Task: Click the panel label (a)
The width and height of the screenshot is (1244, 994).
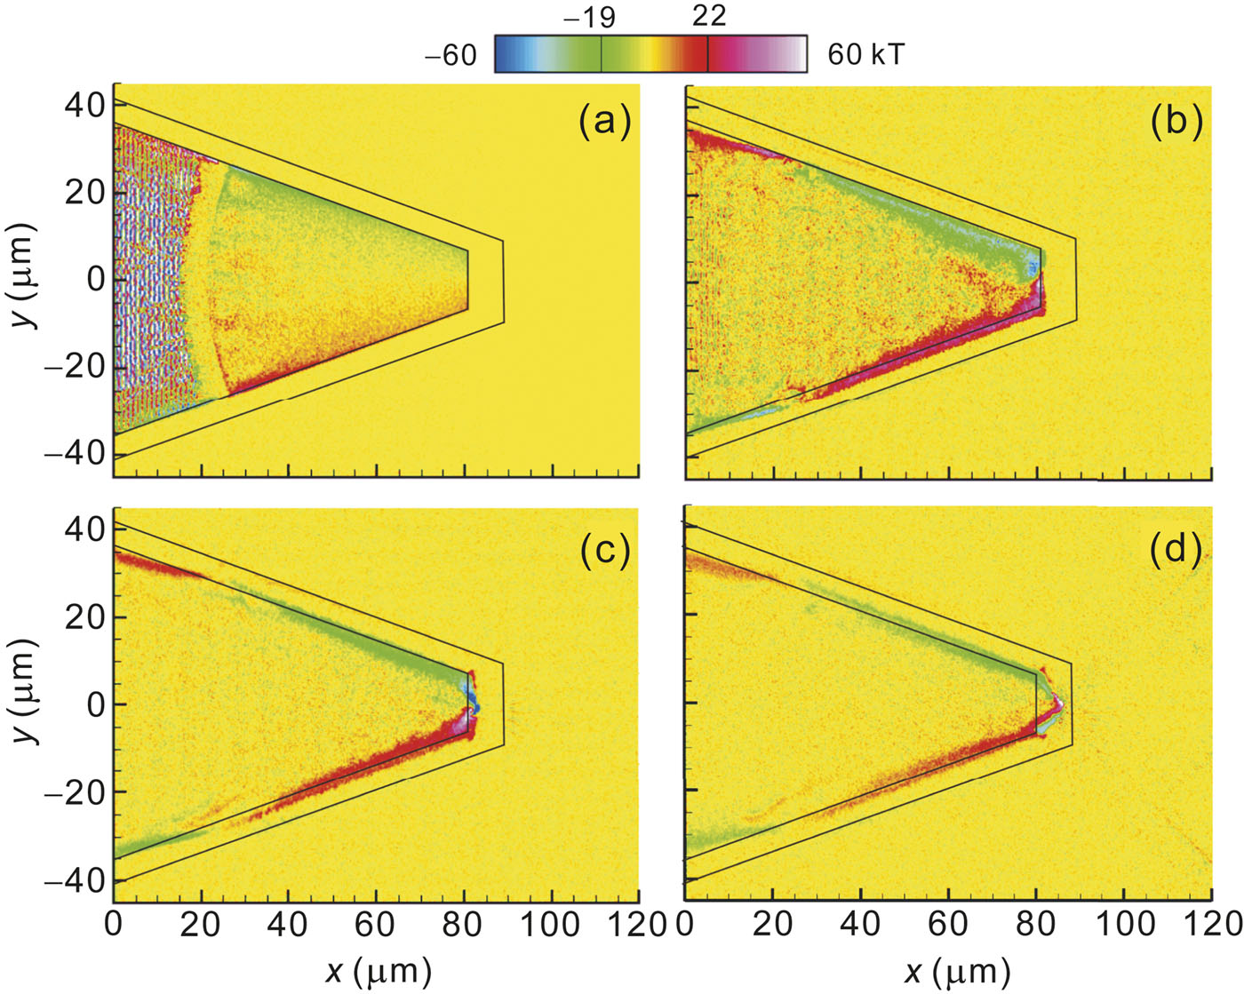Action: (604, 122)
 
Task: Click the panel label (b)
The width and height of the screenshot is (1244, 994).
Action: (1176, 122)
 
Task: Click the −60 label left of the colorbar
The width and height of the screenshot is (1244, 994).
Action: (451, 55)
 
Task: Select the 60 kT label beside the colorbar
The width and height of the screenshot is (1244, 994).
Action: (866, 55)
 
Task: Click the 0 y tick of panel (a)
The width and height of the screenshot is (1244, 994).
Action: (94, 279)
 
